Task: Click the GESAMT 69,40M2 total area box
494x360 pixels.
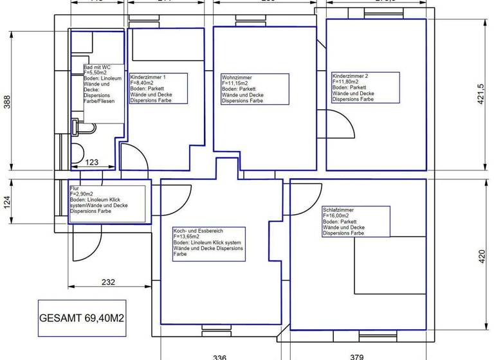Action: click(81, 318)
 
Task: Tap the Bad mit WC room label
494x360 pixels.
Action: click(97, 67)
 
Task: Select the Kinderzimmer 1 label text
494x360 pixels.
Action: click(149, 77)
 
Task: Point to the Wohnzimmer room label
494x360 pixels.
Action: click(237, 77)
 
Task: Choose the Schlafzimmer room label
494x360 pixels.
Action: click(338, 210)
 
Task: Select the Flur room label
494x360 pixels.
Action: click(74, 188)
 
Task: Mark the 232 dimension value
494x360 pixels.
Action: click(108, 282)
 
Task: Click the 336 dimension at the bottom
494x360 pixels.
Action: click(219, 355)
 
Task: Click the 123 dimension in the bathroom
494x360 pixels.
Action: click(92, 163)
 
